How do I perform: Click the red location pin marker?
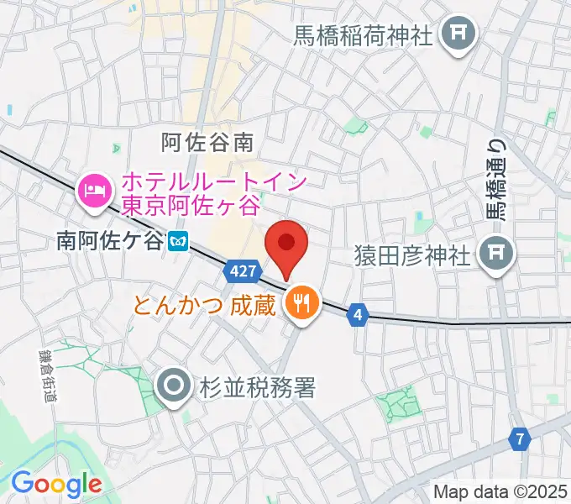click(285, 244)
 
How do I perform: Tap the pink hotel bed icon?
click(93, 188)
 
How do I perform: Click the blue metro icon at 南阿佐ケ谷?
click(176, 241)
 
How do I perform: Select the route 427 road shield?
click(239, 271)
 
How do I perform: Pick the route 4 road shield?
click(359, 314)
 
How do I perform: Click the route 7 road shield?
click(520, 439)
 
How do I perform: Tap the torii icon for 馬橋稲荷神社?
click(459, 34)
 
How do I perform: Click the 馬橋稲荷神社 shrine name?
click(362, 35)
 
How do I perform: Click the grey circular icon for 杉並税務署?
click(174, 387)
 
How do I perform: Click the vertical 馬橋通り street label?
click(498, 181)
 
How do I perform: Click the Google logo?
click(55, 484)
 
